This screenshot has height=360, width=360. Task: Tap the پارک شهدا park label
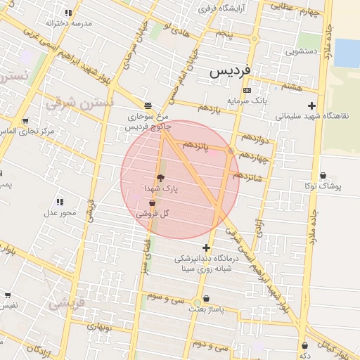[x=162, y=190]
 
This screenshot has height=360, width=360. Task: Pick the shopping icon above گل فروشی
[x=153, y=202]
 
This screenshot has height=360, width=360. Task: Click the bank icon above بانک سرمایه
[x=246, y=90]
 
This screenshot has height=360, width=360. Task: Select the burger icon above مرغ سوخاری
[x=146, y=105]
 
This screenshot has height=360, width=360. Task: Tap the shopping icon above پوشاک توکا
[x=323, y=176]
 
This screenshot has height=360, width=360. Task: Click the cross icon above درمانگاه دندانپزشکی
[x=205, y=247]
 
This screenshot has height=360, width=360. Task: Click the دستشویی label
[x=303, y=51]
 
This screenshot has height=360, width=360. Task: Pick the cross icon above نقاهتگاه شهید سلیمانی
[x=311, y=105]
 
